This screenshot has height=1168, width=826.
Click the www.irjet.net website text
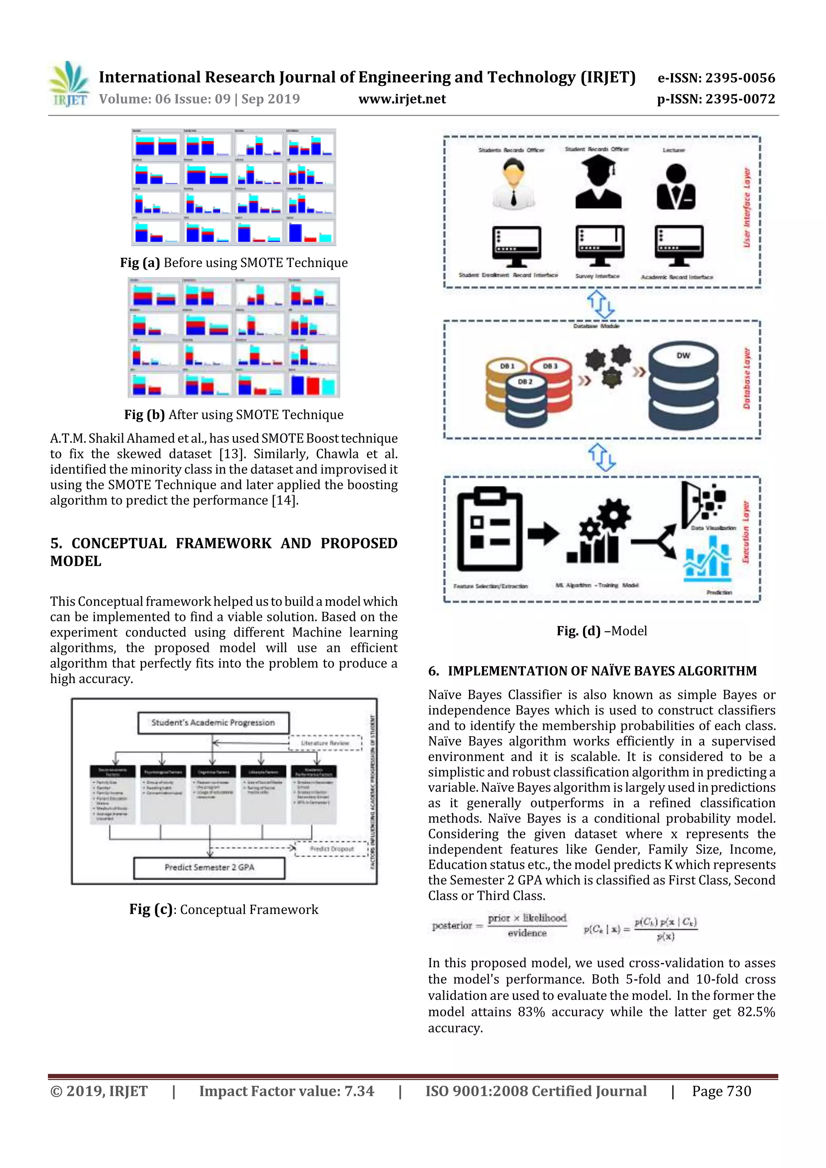click(x=402, y=99)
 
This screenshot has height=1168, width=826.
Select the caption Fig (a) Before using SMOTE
click(x=234, y=262)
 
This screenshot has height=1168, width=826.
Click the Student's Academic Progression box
click(x=213, y=722)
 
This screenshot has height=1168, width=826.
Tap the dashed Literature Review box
click(x=325, y=743)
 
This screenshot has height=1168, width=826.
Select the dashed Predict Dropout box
click(x=331, y=849)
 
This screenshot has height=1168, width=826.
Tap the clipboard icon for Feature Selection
click(x=490, y=529)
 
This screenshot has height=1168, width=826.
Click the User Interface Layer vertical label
click(x=747, y=207)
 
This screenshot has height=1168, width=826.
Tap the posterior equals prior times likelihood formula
click(x=500, y=925)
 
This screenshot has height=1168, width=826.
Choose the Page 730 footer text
click(x=721, y=1091)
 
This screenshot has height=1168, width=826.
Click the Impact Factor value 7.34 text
click(x=286, y=1091)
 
